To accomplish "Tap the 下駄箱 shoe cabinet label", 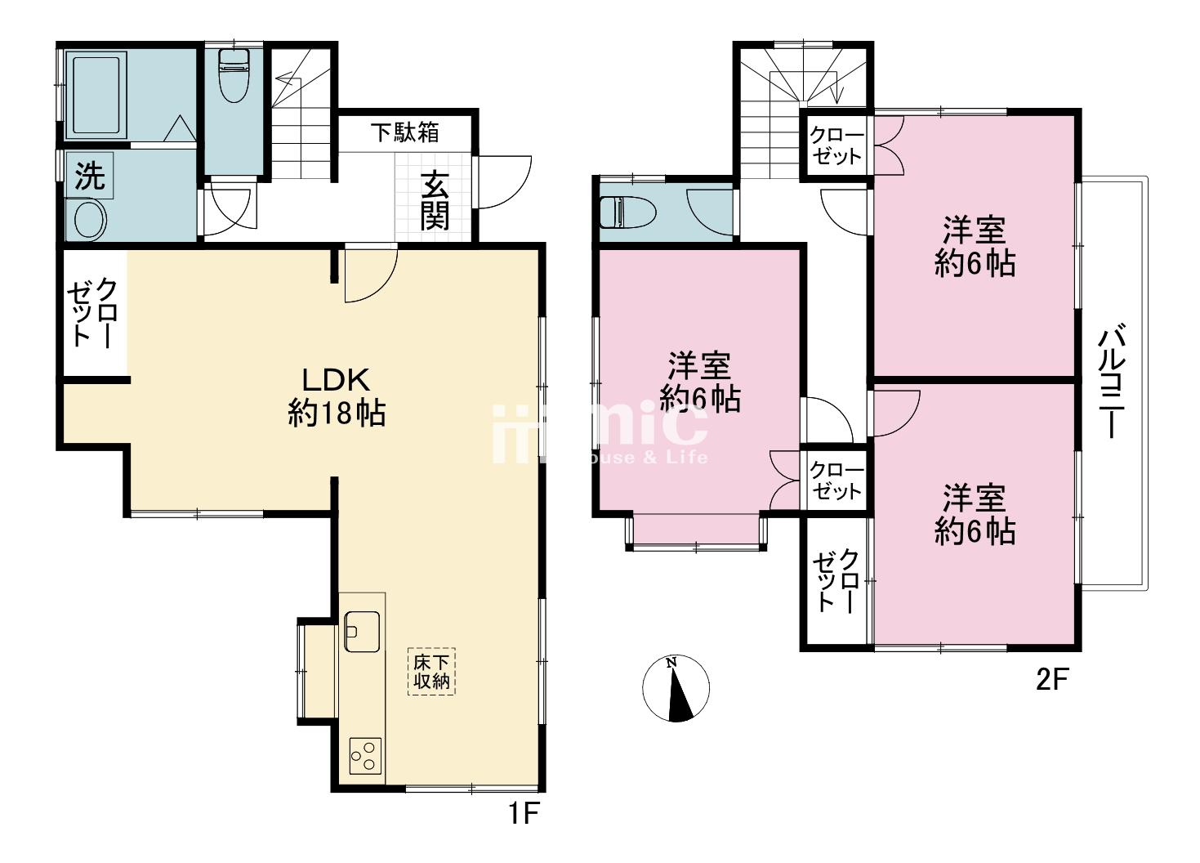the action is (x=405, y=132).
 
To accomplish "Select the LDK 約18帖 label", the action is (x=337, y=396).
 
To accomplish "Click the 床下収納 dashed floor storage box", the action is (x=431, y=672).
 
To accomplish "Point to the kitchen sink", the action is (x=362, y=632).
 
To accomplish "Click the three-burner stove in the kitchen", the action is (x=366, y=756).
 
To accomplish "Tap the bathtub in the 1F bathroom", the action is (x=96, y=96).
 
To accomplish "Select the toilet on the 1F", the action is (x=234, y=75).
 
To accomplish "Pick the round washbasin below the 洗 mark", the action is (x=91, y=220).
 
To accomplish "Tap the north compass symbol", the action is (x=676, y=688).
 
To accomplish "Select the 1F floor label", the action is (x=523, y=814).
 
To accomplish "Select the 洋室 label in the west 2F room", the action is (x=699, y=366).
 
